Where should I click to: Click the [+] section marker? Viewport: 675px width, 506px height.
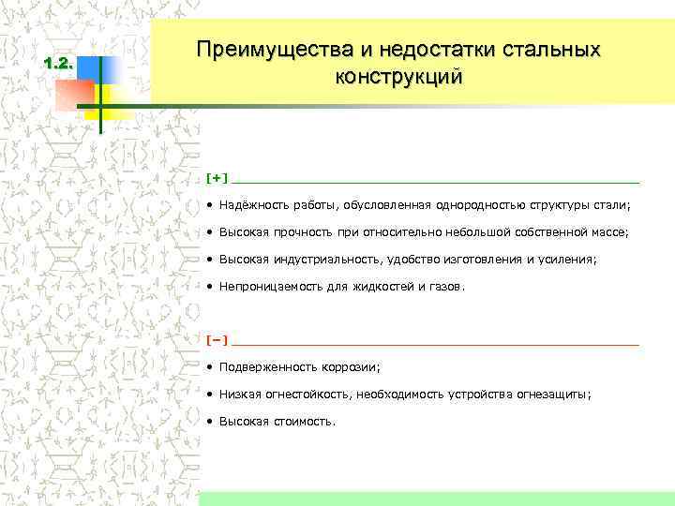tap(217, 177)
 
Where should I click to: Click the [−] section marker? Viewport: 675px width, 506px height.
tap(217, 339)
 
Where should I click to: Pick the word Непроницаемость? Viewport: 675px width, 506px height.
tap(267, 287)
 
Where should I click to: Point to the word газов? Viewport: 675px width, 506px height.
tap(443, 287)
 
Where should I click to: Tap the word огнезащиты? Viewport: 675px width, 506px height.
tap(553, 394)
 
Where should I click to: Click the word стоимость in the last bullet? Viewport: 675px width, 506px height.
tap(301, 422)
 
